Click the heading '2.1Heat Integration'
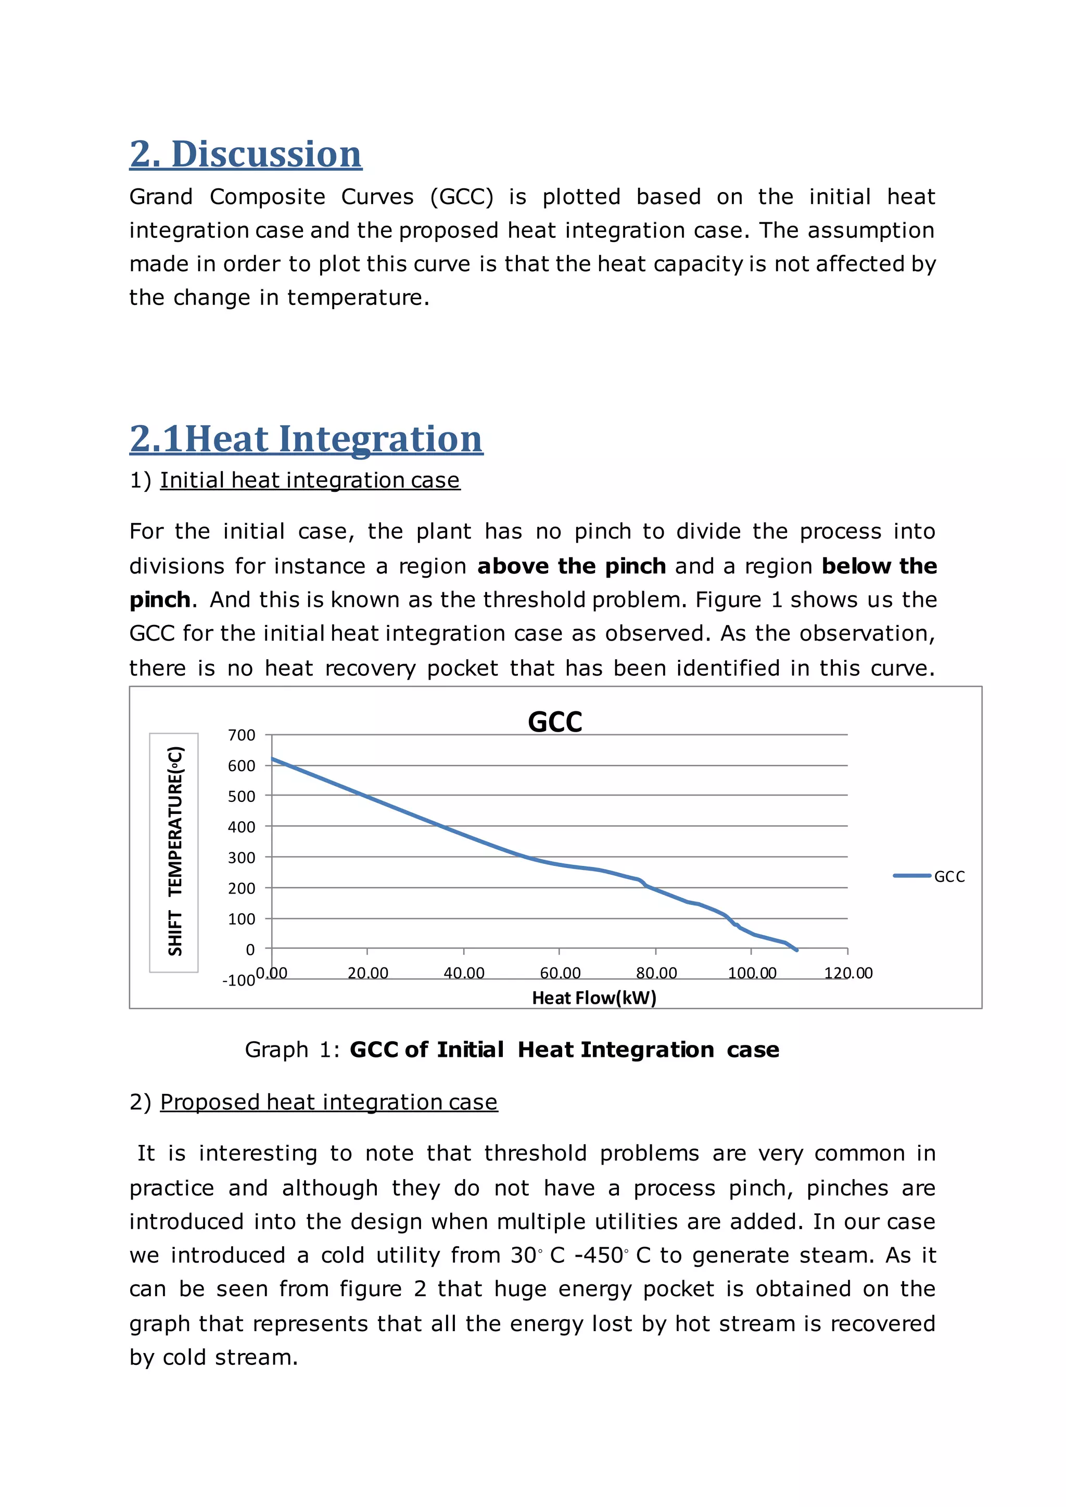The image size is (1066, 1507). click(306, 439)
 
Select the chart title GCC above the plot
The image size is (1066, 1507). click(555, 722)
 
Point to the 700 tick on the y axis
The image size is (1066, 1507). click(242, 735)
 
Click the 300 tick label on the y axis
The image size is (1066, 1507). click(242, 858)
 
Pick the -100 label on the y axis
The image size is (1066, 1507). click(238, 980)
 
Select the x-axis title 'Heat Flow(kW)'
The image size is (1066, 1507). click(594, 998)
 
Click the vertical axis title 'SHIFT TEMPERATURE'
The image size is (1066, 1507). click(174, 851)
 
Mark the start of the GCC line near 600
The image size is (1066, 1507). click(274, 759)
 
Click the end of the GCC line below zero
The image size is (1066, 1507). click(796, 950)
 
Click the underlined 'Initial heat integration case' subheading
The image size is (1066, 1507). click(310, 480)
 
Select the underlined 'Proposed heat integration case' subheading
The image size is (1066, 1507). click(328, 1102)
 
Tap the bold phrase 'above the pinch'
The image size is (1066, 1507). click(571, 567)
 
